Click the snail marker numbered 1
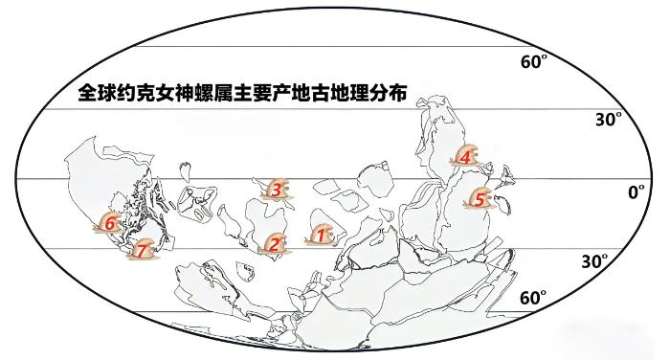tap(320, 236)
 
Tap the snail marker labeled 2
tap(274, 244)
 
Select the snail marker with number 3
tap(277, 190)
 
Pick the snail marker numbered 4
tap(465, 156)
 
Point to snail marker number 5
tap(479, 198)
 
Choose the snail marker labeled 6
tap(110, 223)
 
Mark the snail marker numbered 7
tap(144, 249)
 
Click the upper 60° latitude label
tap(534, 61)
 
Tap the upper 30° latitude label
tap(609, 120)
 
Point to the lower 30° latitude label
tap(594, 260)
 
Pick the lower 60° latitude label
tap(533, 298)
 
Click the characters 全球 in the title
tap(97, 93)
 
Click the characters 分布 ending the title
tap(388, 93)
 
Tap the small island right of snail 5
tap(504, 204)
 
